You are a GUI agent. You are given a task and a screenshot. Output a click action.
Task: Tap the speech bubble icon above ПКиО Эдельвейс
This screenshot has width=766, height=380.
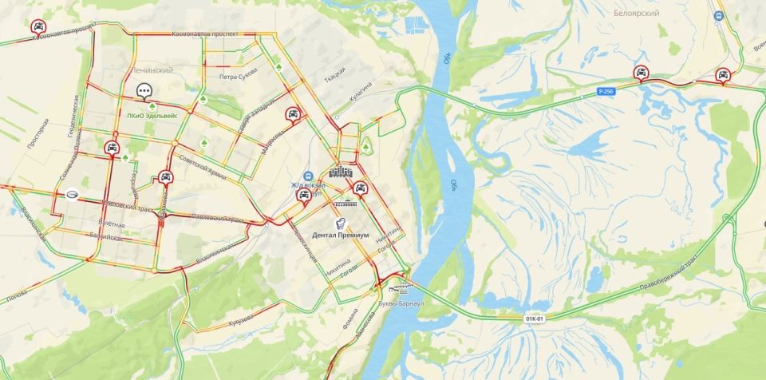pos(144,91)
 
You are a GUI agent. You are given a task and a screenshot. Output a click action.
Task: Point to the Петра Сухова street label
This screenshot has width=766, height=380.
pos(238,76)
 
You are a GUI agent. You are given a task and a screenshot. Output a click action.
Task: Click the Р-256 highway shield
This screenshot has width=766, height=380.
pos(606,92)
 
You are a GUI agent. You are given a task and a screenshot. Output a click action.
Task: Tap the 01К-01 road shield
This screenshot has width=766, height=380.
pos(534,319)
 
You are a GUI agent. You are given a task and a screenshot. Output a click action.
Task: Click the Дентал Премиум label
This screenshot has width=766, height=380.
pos(341,236)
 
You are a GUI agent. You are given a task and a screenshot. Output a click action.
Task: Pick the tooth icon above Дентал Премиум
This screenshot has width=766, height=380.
pos(341,223)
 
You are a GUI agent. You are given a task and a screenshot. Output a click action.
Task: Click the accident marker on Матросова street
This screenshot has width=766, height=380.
pos(293,114)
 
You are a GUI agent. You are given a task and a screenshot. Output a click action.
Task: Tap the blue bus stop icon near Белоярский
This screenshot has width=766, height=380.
pos(717,15)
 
